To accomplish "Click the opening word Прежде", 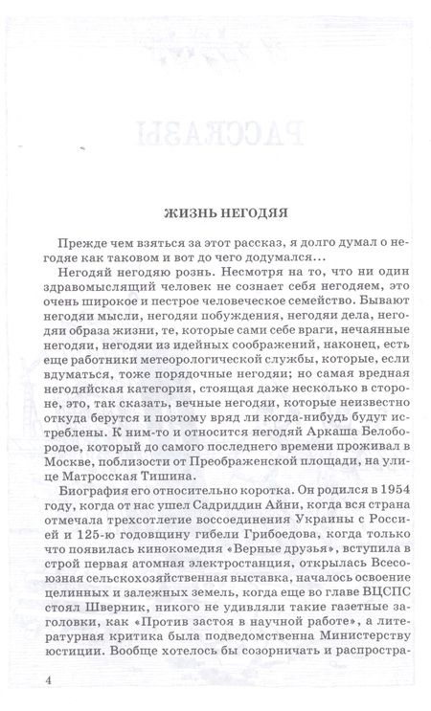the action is click(x=84, y=243).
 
